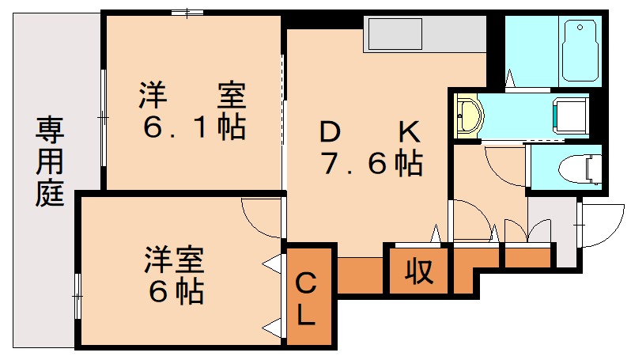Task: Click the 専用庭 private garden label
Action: click(x=50, y=161)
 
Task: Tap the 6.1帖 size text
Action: click(x=193, y=127)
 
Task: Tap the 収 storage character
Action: click(x=418, y=271)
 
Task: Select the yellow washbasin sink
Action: click(x=469, y=116)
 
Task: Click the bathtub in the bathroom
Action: click(x=580, y=48)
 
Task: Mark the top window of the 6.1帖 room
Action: click(x=187, y=13)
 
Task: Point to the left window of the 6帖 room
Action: click(x=77, y=296)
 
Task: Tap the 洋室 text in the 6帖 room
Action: click(x=175, y=260)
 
